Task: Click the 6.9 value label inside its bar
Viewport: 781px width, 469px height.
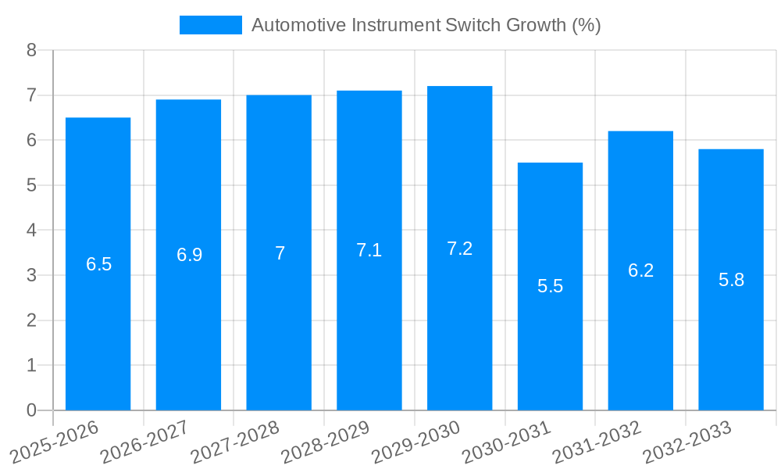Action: [189, 255]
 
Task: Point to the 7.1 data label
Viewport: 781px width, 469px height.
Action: [369, 250]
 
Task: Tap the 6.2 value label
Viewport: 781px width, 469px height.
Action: [640, 270]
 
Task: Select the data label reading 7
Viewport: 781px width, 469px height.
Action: [280, 253]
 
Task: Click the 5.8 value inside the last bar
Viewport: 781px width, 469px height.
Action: [731, 280]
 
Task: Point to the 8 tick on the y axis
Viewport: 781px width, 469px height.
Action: [31, 51]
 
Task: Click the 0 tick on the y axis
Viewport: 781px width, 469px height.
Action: [31, 410]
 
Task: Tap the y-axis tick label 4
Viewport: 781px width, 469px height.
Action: [31, 231]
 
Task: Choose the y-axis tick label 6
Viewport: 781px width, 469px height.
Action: [31, 141]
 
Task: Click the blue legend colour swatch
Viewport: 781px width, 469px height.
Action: [211, 25]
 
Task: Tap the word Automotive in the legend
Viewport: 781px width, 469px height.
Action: [299, 25]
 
